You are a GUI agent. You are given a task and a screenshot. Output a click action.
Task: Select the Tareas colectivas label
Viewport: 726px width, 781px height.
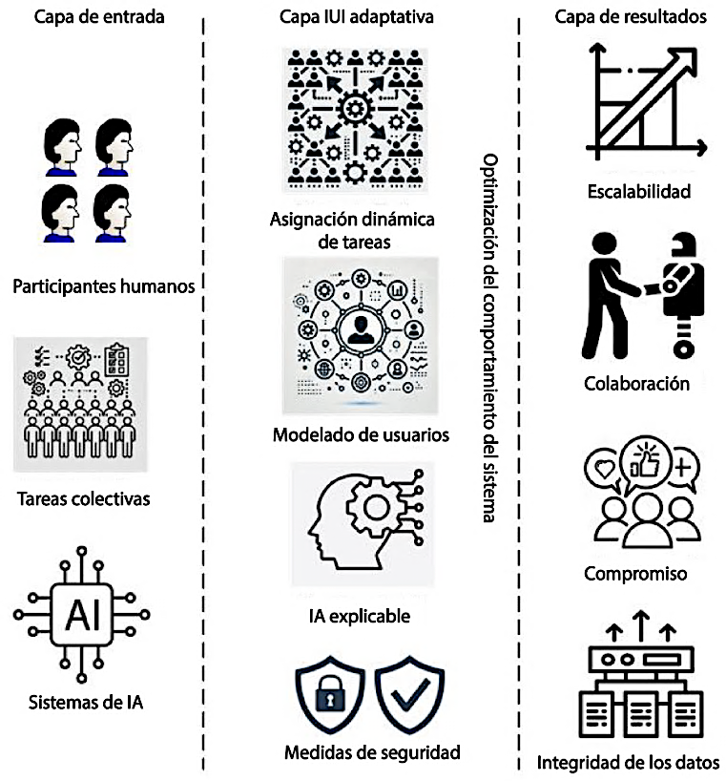84,498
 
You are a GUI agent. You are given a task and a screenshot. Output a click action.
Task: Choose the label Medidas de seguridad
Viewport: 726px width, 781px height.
372,752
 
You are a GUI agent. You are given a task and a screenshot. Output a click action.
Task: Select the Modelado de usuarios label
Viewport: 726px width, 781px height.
361,435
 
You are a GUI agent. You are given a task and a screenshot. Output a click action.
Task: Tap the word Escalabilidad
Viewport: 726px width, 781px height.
637,192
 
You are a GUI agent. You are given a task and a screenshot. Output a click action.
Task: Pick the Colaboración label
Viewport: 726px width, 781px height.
636,384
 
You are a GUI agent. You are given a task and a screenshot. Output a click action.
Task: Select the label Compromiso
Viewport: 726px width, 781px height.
635,574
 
